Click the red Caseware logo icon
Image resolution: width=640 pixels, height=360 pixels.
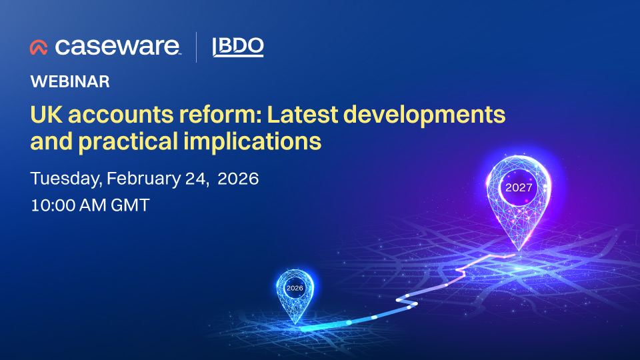(39, 47)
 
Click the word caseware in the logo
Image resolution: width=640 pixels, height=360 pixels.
(117, 47)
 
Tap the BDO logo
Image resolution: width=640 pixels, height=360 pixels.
(237, 47)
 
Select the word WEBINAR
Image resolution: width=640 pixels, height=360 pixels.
(70, 82)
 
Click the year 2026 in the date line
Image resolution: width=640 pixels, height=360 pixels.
(237, 179)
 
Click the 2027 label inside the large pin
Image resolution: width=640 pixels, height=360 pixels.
(519, 187)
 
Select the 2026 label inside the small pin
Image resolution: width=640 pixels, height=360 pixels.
(294, 288)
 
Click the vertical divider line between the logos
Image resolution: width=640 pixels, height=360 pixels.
(196, 47)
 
